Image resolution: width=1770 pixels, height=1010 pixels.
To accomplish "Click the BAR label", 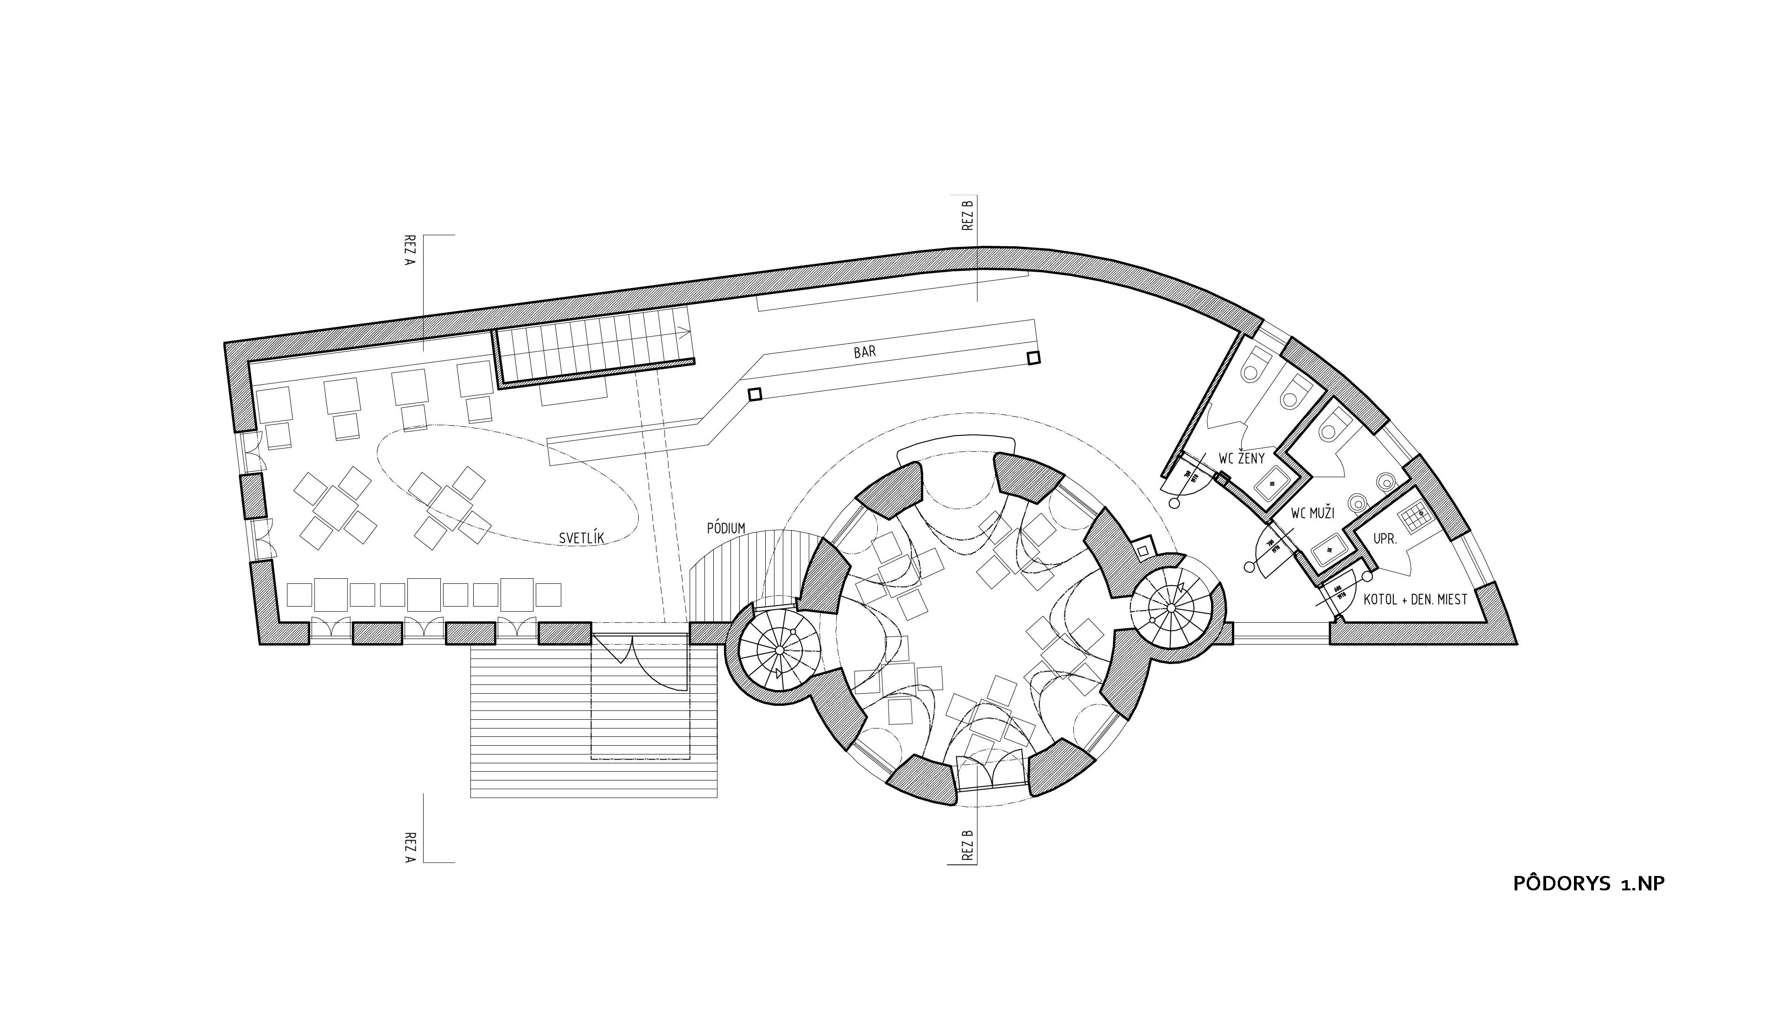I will point(864,352).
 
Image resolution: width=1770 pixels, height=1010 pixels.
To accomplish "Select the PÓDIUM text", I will point(726,529).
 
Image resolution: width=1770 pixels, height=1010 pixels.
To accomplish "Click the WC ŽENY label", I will point(1242,459).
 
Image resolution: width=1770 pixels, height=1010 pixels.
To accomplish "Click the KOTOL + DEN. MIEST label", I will point(1415,599).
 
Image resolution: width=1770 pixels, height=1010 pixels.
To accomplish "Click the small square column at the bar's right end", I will point(1034,358).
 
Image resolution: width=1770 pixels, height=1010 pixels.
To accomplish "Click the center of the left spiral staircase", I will point(779,650).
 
